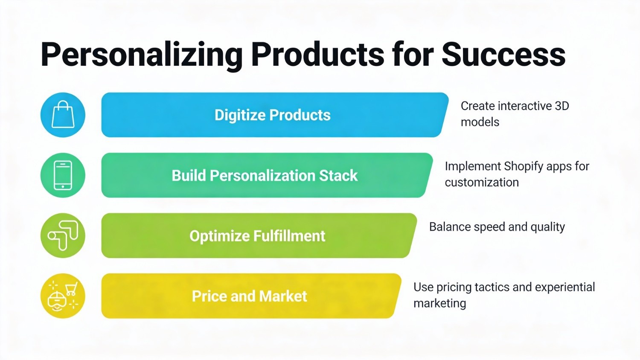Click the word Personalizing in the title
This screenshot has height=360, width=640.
pos(142,55)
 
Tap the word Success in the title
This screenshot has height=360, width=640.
pos(503,54)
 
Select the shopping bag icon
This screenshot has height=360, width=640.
pos(63,114)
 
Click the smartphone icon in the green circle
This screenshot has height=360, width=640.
pos(63,175)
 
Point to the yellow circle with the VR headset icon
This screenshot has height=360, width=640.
pos(63,296)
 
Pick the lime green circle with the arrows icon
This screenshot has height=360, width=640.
pos(63,235)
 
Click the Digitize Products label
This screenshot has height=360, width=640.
pos(273,115)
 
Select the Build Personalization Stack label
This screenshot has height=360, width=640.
pos(265,175)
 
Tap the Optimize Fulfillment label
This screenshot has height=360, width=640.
pos(257,236)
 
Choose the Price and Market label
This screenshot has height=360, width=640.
pos(250,296)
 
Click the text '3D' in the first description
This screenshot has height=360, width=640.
pos(562,106)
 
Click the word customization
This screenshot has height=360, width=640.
pos(482,182)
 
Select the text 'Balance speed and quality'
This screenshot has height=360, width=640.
pos(497,227)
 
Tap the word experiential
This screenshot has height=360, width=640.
pos(565,287)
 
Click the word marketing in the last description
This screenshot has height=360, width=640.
pos(440,303)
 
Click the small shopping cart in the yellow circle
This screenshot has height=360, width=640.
pos(72,289)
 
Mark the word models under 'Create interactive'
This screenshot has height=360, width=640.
pos(480,122)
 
